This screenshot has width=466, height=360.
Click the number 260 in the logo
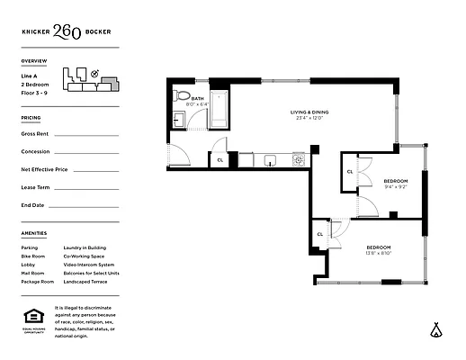(67, 32)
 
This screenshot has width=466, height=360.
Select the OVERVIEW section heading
(33, 61)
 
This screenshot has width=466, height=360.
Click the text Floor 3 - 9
(36, 93)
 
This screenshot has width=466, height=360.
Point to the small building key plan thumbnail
(88, 81)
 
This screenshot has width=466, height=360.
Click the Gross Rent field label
(34, 133)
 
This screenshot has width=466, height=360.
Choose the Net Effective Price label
(44, 169)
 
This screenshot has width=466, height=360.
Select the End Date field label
(32, 205)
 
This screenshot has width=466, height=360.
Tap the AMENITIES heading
(33, 233)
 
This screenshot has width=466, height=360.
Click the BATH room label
(196, 98)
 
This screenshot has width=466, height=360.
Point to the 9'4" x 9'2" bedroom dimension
(370, 187)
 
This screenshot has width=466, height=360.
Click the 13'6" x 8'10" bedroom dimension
(379, 253)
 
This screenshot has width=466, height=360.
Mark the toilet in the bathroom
(182, 94)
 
